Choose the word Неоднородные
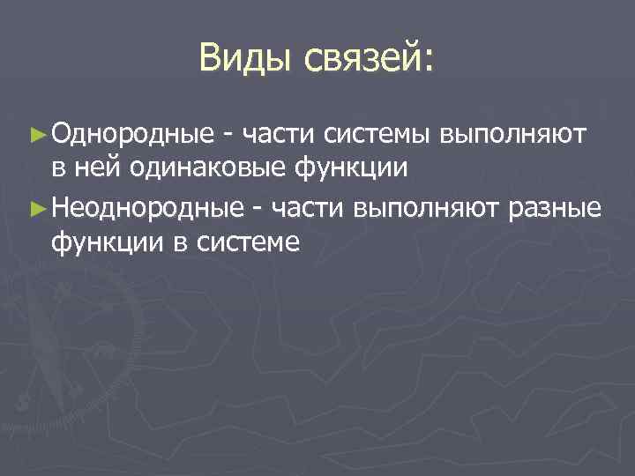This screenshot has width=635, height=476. click(x=148, y=207)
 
